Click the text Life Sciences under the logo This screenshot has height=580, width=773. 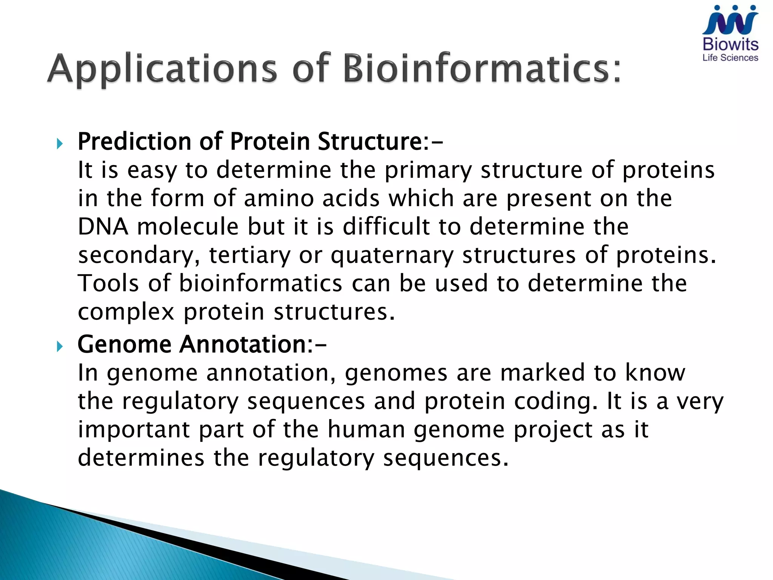coord(730,58)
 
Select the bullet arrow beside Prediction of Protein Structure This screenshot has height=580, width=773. coord(60,143)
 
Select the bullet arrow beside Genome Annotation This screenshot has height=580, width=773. coord(60,346)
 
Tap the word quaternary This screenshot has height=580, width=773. coord(392,256)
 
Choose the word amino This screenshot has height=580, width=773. coord(279,198)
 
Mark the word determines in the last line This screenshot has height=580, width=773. coord(141,458)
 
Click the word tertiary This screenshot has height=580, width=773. coord(249,256)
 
